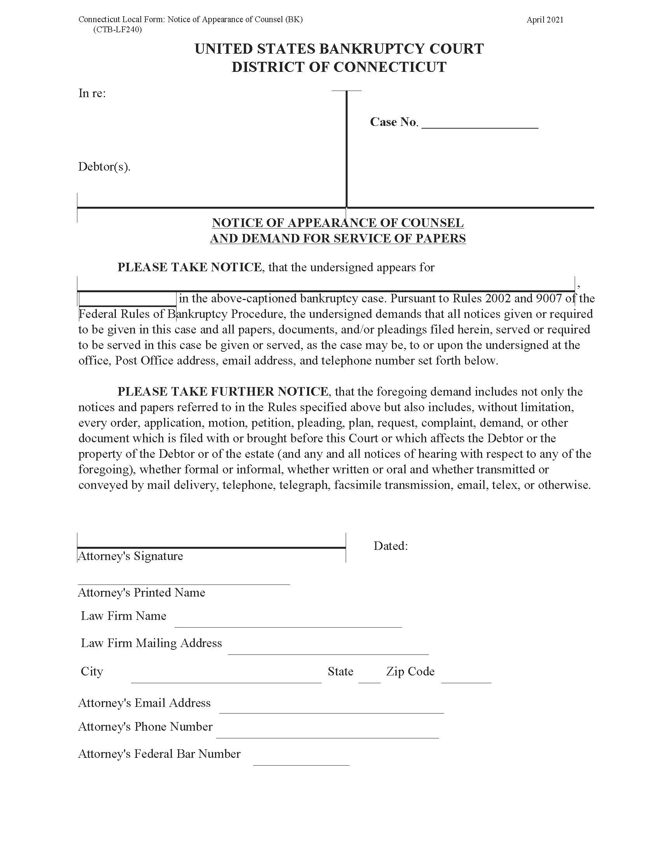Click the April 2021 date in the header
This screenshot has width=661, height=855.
click(545, 20)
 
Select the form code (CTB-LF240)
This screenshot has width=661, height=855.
click(117, 30)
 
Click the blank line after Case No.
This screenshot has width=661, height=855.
click(480, 124)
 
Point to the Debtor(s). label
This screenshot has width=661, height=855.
click(104, 167)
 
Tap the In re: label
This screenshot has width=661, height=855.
click(92, 93)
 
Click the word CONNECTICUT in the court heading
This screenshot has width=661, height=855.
click(390, 67)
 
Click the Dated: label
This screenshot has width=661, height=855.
click(390, 546)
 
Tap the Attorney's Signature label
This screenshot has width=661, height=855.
click(130, 556)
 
